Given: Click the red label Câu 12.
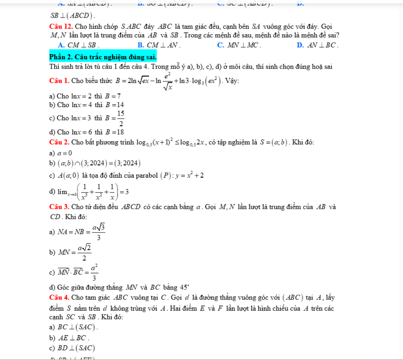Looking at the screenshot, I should tap(61, 27).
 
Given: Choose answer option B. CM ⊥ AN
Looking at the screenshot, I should tap(159, 45).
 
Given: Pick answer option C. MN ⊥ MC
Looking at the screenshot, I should tap(239, 45).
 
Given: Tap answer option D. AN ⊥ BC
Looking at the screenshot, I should tap(317, 45).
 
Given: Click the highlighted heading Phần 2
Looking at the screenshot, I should tap(103, 57).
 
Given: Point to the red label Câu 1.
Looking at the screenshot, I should tap(59, 81).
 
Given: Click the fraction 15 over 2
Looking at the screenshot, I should tap(121, 118).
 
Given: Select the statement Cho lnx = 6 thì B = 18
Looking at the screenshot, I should tap(86, 132).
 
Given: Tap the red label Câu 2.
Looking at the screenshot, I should tap(59, 142).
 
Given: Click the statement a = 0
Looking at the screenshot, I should tap(64, 153).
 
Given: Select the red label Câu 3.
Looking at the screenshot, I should tap(59, 207).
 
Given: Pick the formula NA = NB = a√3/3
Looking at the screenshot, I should tap(81, 232).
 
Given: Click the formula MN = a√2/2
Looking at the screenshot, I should tap(75, 252).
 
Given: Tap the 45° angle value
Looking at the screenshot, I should tap(185, 287).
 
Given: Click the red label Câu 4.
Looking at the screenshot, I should tap(59, 298).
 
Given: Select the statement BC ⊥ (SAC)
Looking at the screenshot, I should tap(77, 327).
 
